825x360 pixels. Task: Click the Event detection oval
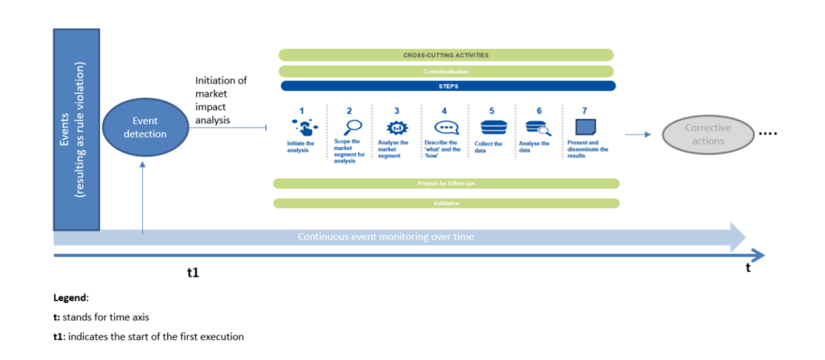click(144, 128)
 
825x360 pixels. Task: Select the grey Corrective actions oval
click(707, 134)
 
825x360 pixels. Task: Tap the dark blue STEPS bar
click(447, 86)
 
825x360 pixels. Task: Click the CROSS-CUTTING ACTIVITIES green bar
click(446, 55)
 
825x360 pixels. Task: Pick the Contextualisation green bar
click(446, 71)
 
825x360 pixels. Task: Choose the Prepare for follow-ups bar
click(446, 183)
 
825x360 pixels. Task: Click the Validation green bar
click(446, 203)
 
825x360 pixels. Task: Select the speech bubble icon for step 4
click(445, 128)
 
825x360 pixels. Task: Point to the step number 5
click(492, 111)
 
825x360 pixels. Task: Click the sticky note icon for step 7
click(585, 127)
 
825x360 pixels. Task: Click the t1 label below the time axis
click(193, 272)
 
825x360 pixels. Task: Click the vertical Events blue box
click(76, 129)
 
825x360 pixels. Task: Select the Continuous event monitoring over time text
click(386, 237)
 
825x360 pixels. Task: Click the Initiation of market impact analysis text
click(221, 99)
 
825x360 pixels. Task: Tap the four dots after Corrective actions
click(768, 134)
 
